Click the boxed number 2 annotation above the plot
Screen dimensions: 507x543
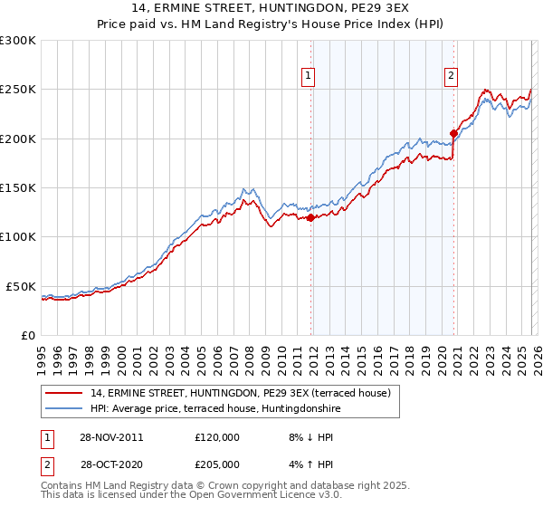click(x=451, y=76)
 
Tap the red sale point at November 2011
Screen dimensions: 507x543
click(x=311, y=217)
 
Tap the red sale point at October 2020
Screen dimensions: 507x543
click(x=453, y=134)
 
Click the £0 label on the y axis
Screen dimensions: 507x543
click(x=25, y=335)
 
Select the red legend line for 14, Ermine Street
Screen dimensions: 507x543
click(x=64, y=393)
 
